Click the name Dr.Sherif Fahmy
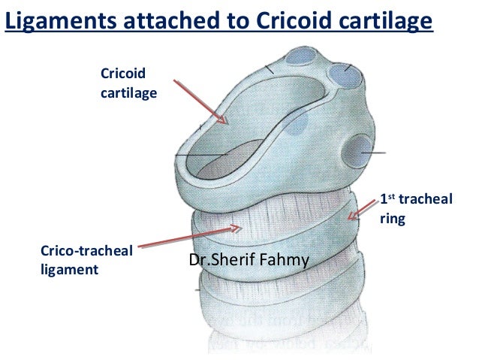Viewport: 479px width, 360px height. pyautogui.click(x=254, y=261)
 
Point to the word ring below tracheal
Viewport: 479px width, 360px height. pyautogui.click(x=393, y=221)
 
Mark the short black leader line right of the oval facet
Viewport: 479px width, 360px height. pyautogui.click(x=375, y=153)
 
